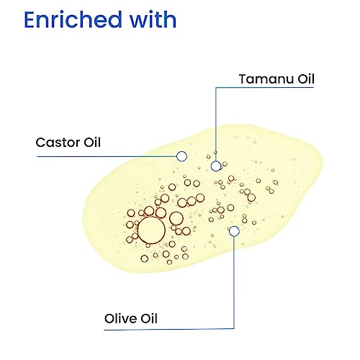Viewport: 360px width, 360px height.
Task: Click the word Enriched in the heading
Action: point(73,19)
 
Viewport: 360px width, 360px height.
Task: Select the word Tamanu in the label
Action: point(266,79)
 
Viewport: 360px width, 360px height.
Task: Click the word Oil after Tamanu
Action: point(306,78)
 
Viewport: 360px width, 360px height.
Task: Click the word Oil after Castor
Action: point(92,142)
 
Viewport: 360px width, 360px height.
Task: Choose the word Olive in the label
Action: point(120,318)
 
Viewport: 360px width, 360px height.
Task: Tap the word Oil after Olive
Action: point(149,318)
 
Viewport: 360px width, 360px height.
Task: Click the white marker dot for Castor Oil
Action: point(181,156)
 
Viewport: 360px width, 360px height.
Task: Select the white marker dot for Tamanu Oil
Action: point(216,166)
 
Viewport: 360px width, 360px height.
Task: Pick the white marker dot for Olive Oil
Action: point(234,231)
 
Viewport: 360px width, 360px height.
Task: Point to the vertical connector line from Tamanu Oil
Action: point(216,124)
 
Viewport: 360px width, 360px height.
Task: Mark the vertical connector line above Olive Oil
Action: point(234,282)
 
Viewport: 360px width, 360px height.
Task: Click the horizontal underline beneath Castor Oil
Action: point(107,156)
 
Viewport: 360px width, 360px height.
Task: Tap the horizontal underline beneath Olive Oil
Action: point(169,329)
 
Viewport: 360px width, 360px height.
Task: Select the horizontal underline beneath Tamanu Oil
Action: point(265,87)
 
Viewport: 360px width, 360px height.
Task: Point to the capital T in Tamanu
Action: point(244,79)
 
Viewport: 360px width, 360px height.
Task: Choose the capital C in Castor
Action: point(40,143)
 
